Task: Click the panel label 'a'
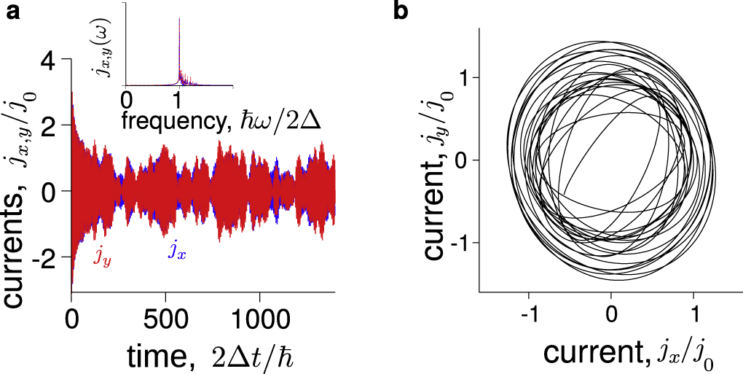coord(13,12)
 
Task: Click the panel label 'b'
coord(400,11)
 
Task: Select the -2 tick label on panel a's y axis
coord(44,257)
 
